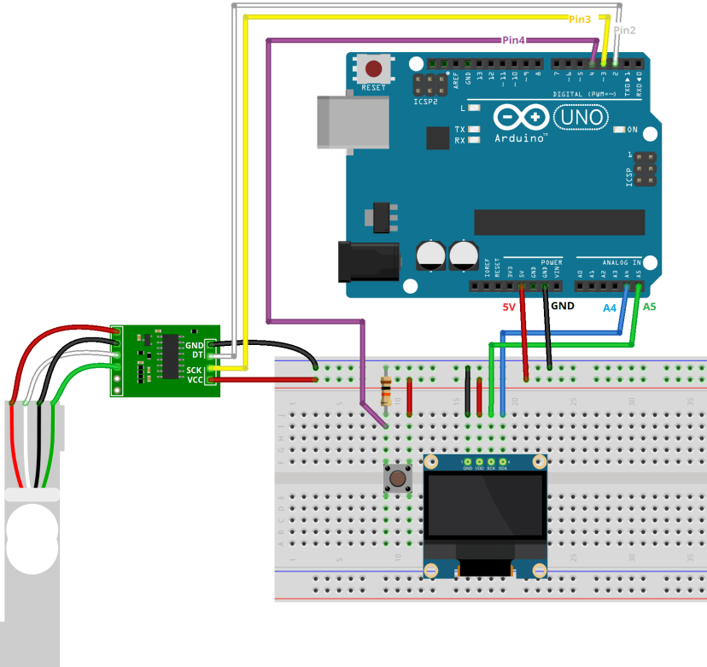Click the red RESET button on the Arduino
point(373,69)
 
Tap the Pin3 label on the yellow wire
point(580,19)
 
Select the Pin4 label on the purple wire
point(513,39)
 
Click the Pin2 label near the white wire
point(625,30)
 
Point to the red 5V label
point(510,307)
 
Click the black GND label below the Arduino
point(563,305)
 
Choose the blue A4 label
point(610,307)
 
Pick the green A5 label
point(649,306)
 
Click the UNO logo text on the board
point(582,116)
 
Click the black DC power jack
point(368,261)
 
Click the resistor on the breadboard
point(387,390)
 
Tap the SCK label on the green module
point(195,369)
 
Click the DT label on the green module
point(197,354)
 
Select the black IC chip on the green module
point(170,356)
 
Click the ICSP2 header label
point(426,101)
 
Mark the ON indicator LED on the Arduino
point(620,130)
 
